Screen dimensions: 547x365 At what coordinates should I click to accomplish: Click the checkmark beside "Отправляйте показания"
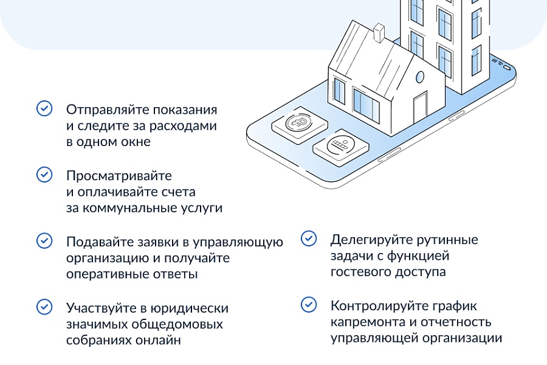click(44, 108)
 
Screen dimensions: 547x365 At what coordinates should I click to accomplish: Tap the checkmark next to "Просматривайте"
click(44, 175)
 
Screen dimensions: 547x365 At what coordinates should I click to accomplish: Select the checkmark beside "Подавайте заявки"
click(44, 241)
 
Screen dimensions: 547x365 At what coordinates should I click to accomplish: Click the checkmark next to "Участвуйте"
click(44, 307)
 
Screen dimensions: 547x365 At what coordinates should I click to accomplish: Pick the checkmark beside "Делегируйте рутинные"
click(309, 238)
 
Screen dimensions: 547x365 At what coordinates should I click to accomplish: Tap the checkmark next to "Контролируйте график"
click(309, 305)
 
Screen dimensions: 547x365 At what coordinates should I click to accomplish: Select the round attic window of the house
click(420, 77)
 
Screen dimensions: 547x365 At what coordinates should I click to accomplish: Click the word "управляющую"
click(238, 242)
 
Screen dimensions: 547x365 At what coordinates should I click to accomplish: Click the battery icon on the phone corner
click(507, 67)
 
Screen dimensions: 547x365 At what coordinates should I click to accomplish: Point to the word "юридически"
click(190, 309)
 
